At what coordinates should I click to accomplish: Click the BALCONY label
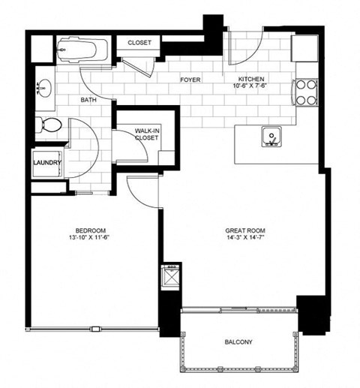point(238,343)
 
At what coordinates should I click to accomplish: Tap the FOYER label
point(190,79)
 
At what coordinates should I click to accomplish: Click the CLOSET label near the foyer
point(139,44)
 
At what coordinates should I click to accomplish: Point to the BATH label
point(88,100)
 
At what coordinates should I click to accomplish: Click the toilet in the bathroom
point(50,126)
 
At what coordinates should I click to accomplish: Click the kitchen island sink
point(271,137)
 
